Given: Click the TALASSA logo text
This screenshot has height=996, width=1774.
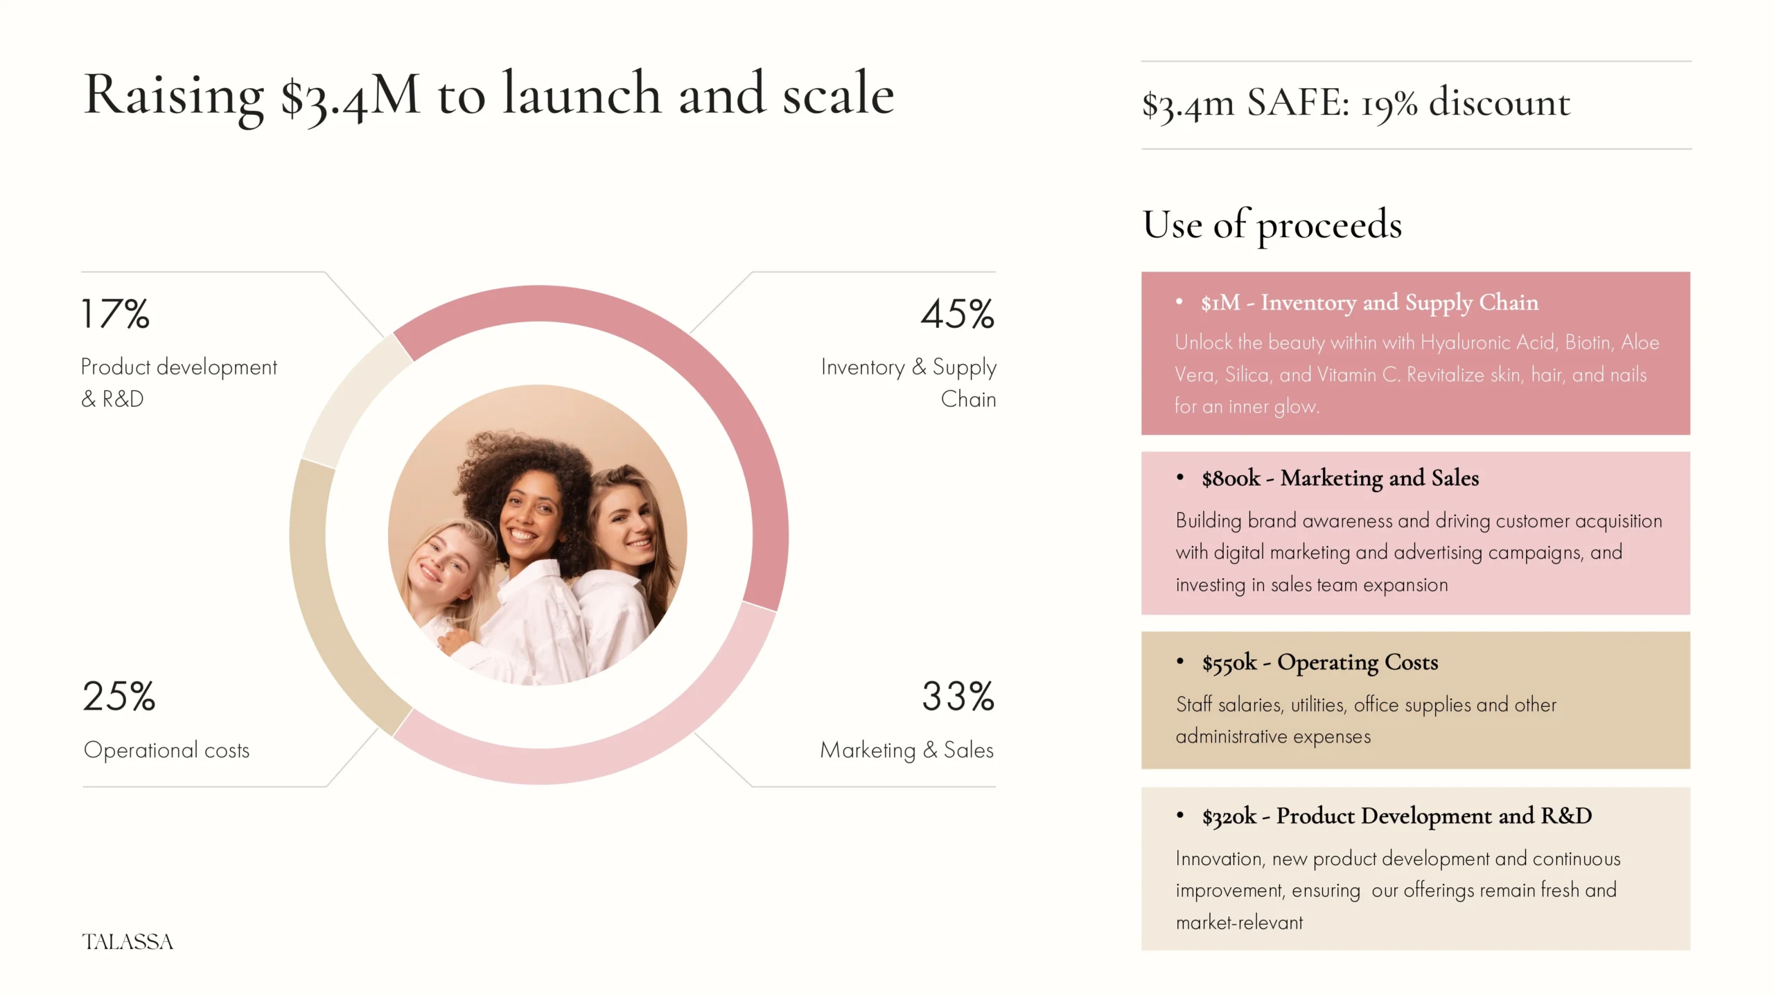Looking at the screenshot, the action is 128,941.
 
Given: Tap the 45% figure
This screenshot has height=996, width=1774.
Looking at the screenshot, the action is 957,314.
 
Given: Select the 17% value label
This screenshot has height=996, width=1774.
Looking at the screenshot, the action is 115,314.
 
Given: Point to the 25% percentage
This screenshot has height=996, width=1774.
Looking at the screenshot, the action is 118,696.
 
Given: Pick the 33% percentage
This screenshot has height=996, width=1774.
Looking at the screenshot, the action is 958,696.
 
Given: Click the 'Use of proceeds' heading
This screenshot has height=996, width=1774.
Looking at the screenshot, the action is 1272,225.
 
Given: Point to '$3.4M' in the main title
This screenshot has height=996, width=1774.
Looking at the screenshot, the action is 350,96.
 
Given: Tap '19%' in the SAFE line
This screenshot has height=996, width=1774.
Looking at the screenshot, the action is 1389,104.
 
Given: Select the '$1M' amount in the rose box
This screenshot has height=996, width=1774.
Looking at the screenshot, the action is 1221,303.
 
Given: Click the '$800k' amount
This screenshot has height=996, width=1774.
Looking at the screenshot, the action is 1231,478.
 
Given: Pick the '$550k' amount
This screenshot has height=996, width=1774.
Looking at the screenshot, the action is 1229,663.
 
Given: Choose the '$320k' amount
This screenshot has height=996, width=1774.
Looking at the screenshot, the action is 1229,816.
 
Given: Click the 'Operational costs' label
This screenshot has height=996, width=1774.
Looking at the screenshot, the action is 166,750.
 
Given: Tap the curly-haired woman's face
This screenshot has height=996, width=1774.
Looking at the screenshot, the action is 530,516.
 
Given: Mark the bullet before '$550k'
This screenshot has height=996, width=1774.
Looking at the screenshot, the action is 1180,661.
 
